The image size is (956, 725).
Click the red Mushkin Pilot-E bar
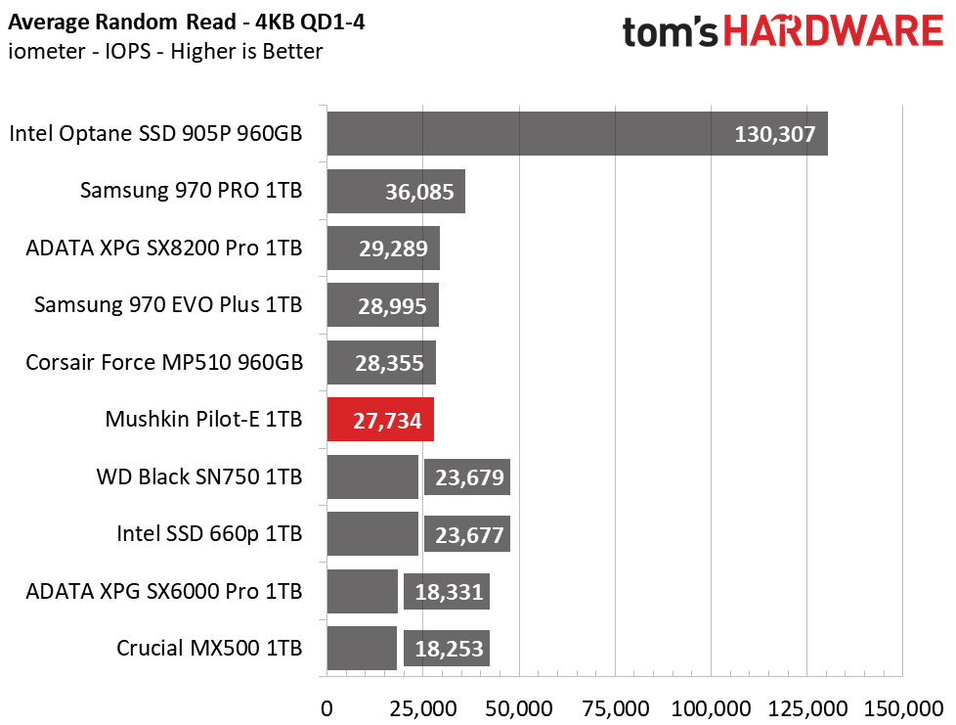click(x=380, y=420)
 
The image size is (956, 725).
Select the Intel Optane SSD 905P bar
click(x=578, y=134)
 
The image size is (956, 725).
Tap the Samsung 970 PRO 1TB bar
click(x=396, y=191)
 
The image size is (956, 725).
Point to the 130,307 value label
click(x=774, y=134)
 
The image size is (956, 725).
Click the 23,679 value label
click(x=469, y=477)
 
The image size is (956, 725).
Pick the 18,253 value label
click(x=449, y=649)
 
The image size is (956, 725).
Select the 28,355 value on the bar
click(x=389, y=363)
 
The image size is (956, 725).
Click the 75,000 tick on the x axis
click(x=615, y=708)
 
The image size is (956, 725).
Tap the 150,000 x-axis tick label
click(x=903, y=708)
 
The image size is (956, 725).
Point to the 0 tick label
click(x=326, y=708)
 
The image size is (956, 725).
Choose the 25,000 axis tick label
click(x=423, y=708)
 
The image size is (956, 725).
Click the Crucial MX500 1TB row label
click(x=209, y=648)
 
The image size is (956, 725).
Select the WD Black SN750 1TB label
click(x=199, y=476)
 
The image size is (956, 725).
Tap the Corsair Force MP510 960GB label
click(x=164, y=362)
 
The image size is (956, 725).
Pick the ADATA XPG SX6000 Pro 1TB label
click(x=164, y=591)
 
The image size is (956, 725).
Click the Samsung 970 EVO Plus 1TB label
click(x=168, y=304)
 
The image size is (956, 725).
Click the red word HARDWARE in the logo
click(x=834, y=31)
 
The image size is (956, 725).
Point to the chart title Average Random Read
click(x=122, y=22)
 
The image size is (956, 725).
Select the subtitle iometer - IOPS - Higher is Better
click(x=165, y=51)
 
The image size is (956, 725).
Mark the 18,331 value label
click(x=449, y=592)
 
